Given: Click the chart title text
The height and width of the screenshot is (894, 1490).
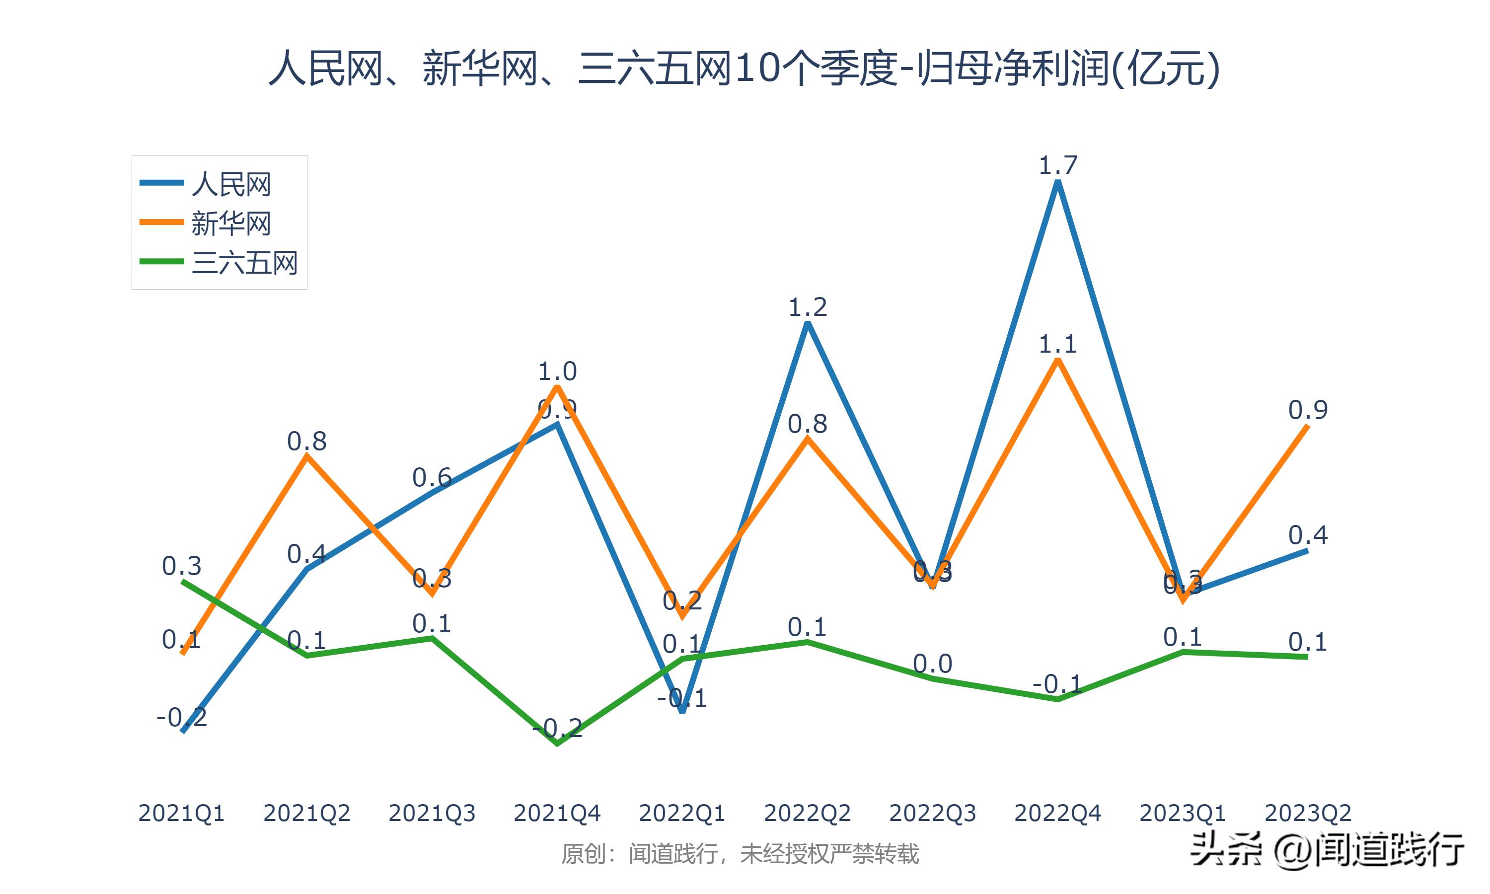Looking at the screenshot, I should [x=745, y=68].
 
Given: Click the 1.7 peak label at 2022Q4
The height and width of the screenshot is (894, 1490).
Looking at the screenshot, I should [x=1057, y=165].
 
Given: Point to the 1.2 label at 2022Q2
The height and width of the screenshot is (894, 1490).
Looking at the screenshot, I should [x=807, y=307].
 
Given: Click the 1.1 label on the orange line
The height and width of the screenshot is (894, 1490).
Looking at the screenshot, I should [x=1057, y=345].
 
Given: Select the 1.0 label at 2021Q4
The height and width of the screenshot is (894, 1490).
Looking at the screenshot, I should [x=557, y=371].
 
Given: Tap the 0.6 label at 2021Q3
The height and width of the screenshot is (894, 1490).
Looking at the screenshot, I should [x=432, y=478].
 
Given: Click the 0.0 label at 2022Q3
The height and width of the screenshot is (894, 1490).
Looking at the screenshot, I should [x=932, y=664].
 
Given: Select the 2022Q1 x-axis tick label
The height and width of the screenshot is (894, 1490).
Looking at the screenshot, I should [x=682, y=813].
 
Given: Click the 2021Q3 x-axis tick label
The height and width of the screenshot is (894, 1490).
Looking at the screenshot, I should [x=432, y=813].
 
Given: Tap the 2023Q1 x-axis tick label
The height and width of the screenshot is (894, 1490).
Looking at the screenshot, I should [x=1182, y=813].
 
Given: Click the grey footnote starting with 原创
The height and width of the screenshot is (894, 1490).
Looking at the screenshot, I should [x=740, y=854].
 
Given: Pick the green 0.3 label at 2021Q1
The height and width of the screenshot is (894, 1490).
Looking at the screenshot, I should [x=181, y=566].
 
